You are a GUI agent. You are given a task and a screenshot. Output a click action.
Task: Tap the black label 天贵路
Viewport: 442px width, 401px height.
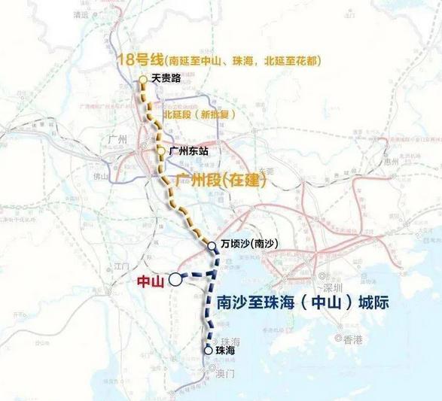167,77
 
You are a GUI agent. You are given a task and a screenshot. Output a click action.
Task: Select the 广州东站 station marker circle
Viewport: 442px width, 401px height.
161,151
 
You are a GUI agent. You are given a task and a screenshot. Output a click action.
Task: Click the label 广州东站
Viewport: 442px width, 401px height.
188,151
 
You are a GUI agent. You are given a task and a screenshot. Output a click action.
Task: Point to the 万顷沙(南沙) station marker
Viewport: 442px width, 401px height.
213,245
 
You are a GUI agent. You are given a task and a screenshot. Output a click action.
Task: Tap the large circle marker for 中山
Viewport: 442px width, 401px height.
175,279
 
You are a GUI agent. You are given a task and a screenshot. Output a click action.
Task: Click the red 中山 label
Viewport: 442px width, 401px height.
151,283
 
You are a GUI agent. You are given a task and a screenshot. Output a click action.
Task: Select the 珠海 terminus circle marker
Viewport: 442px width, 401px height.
209,350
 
